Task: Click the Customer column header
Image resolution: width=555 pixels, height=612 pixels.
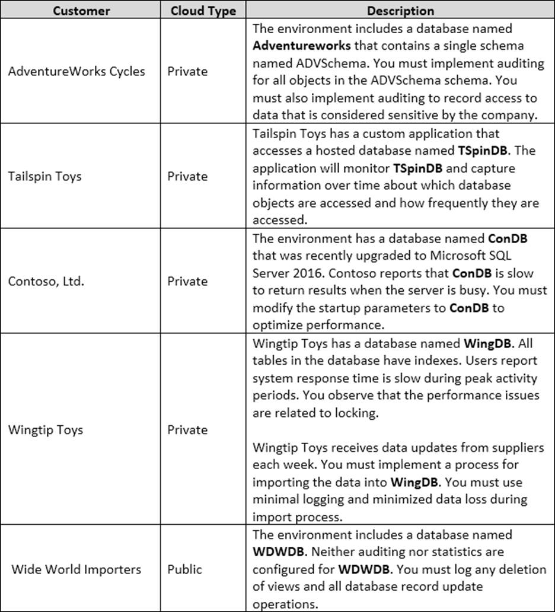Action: (x=81, y=11)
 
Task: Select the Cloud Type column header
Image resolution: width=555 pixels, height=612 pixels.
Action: (x=203, y=11)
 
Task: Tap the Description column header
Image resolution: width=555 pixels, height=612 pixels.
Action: (x=400, y=11)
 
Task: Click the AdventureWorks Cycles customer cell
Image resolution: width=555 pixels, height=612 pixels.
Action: (x=76, y=71)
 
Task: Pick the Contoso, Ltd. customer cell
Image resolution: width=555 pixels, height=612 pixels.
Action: (x=46, y=281)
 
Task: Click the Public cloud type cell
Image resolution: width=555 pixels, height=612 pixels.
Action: (x=184, y=569)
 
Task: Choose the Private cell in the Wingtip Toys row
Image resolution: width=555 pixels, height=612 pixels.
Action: (x=187, y=430)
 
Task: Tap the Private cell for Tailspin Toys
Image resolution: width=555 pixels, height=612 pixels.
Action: (x=187, y=176)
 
